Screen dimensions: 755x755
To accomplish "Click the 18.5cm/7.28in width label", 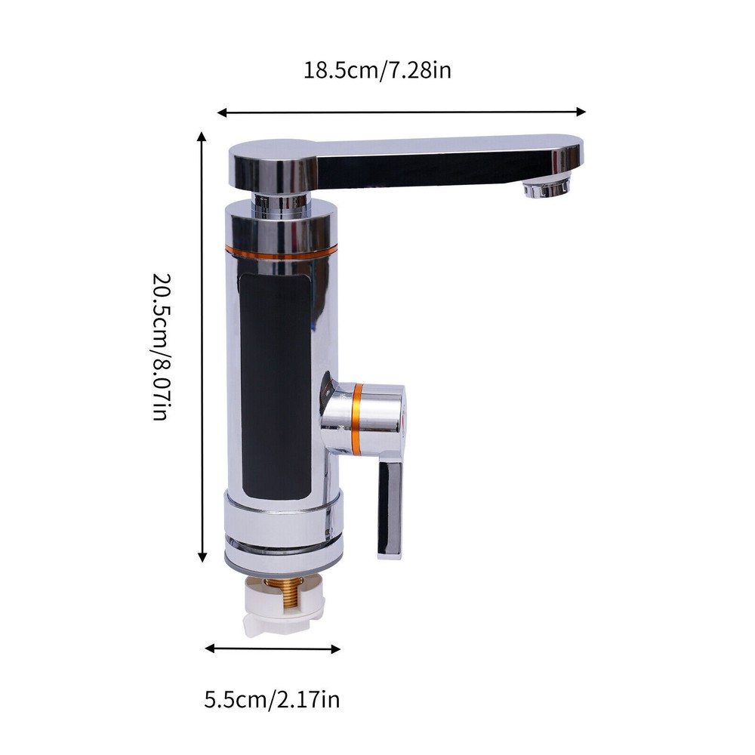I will pyautogui.click(x=377, y=71).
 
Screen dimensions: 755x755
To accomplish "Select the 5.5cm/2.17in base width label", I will pyautogui.click(x=272, y=699).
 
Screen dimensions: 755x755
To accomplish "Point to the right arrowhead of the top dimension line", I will pyautogui.click(x=582, y=111).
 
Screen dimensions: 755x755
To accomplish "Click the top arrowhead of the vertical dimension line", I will pyautogui.click(x=202, y=137).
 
